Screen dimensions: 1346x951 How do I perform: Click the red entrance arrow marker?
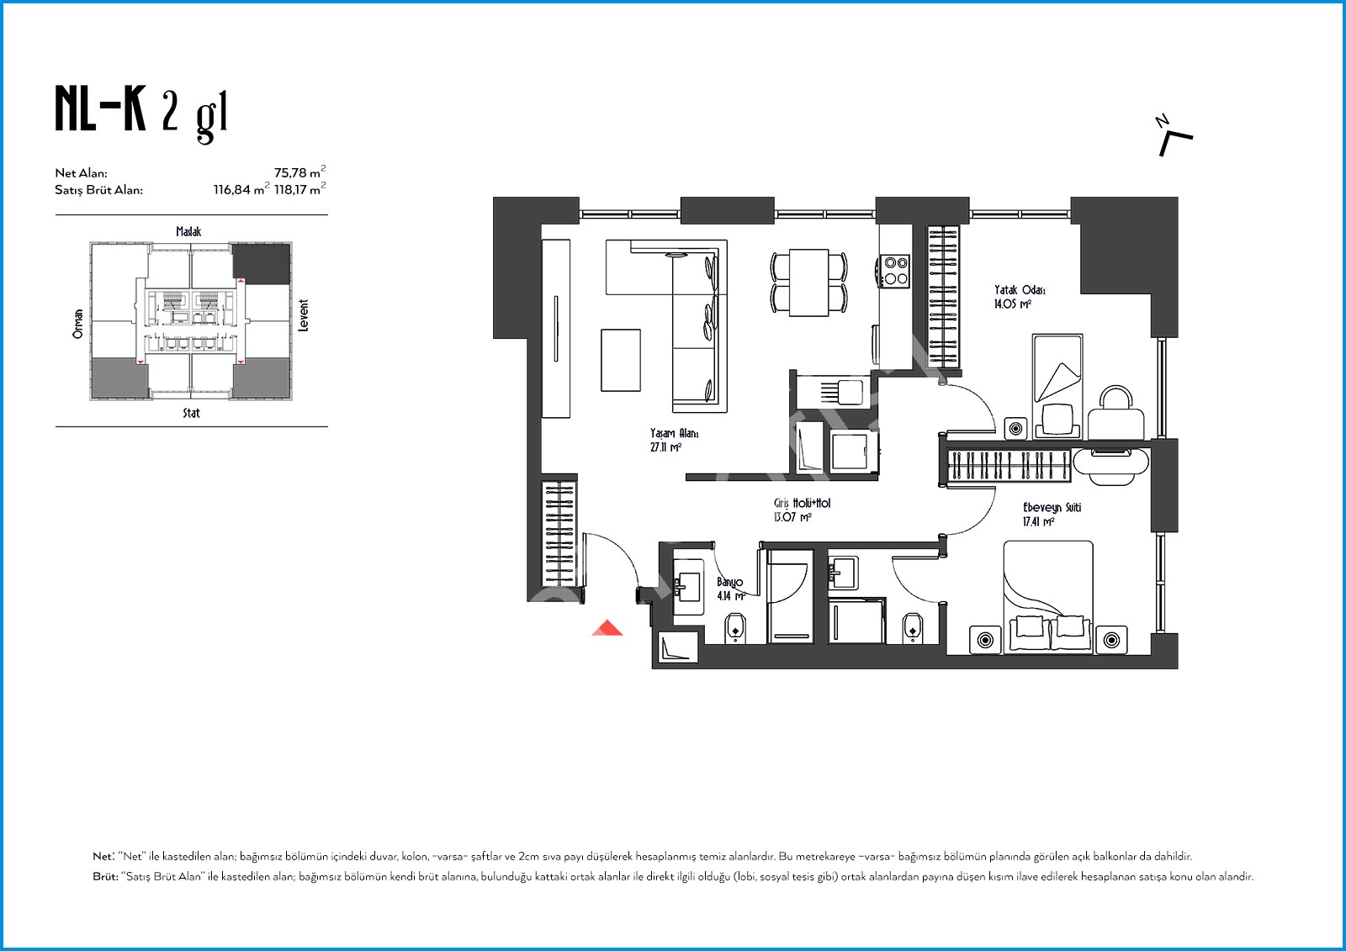pyautogui.click(x=607, y=628)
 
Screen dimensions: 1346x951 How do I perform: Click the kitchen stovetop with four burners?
pyautogui.click(x=895, y=271)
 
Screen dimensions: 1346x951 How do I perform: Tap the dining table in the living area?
pyautogui.click(x=808, y=283)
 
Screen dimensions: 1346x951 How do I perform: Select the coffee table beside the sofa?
pyautogui.click(x=621, y=360)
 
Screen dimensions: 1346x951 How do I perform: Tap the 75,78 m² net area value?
pyautogui.click(x=299, y=172)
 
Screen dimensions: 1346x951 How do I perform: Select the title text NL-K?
pyautogui.click(x=100, y=108)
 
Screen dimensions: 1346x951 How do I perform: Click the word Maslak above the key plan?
pyautogui.click(x=188, y=231)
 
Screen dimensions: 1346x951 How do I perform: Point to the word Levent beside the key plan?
pyautogui.click(x=304, y=315)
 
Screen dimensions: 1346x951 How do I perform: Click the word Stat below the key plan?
pyautogui.click(x=191, y=413)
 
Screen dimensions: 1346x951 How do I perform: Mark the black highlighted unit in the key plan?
pyautogui.click(x=262, y=264)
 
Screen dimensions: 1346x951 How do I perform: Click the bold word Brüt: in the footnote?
pyautogui.click(x=105, y=876)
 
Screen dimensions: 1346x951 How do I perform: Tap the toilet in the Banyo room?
pyautogui.click(x=735, y=627)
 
